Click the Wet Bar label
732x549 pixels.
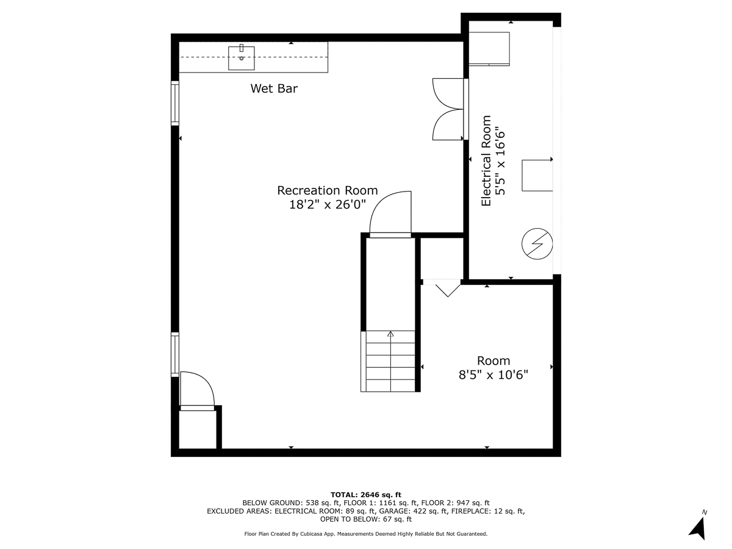point(274,88)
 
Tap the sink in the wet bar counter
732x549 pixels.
point(242,58)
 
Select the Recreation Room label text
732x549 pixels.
point(328,190)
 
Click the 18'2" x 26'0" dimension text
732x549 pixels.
point(328,205)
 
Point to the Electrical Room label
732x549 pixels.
point(486,160)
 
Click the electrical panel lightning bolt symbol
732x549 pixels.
point(537,245)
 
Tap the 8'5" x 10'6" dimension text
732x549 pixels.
point(493,375)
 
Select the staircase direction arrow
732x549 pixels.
point(390,334)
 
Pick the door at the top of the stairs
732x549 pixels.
point(390,215)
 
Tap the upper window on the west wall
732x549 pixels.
point(175,103)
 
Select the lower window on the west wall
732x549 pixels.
point(175,354)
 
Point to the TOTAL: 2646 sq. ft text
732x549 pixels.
point(365,494)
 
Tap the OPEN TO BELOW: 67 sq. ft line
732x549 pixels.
point(365,520)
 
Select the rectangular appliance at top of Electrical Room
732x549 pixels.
point(489,48)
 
